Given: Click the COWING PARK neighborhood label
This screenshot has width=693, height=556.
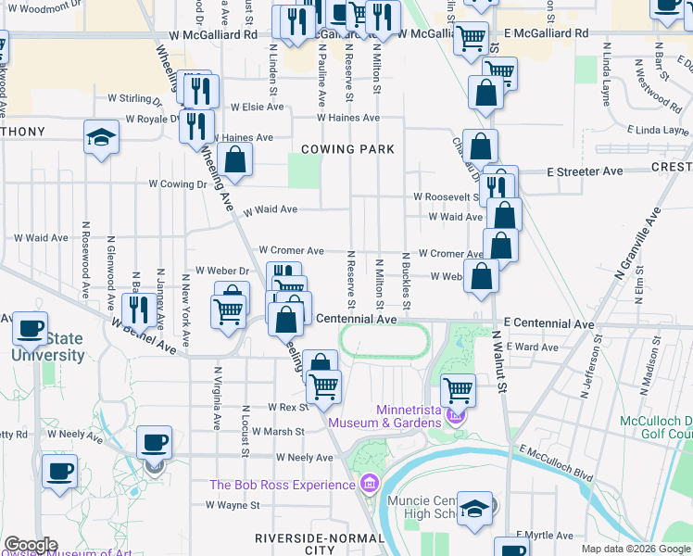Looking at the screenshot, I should click(347, 149).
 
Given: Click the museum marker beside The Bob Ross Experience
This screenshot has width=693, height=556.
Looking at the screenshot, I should click(370, 484).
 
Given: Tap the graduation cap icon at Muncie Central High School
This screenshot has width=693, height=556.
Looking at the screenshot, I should click(474, 508).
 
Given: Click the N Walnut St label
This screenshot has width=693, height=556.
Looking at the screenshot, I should click(501, 362).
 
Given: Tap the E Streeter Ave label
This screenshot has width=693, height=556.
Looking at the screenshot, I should click(585, 171).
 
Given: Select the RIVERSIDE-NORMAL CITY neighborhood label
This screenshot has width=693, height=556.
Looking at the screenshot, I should click(295, 544).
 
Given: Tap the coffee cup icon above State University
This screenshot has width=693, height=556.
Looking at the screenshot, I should click(31, 327).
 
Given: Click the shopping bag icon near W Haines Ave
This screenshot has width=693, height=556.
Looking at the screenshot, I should click(236, 158).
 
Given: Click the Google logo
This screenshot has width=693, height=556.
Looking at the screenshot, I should click(30, 545).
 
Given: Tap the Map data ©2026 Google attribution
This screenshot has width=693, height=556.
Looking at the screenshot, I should click(635, 549).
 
